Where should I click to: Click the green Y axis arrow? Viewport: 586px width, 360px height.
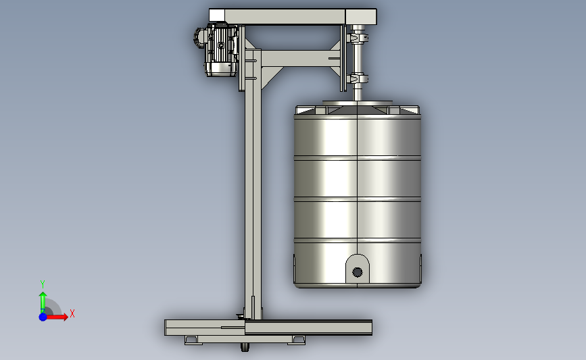[43, 302]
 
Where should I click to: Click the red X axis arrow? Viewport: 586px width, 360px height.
[56, 317]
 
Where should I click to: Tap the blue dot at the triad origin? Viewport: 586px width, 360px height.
[43, 317]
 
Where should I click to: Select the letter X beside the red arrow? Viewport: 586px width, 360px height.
[72, 313]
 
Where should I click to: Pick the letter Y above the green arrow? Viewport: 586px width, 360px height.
[43, 284]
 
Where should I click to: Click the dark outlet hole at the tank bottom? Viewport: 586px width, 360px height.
[358, 272]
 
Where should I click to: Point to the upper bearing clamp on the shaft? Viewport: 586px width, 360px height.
[358, 38]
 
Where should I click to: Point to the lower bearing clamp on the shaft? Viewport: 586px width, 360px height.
[358, 79]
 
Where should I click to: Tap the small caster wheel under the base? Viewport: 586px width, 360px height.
[245, 347]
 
